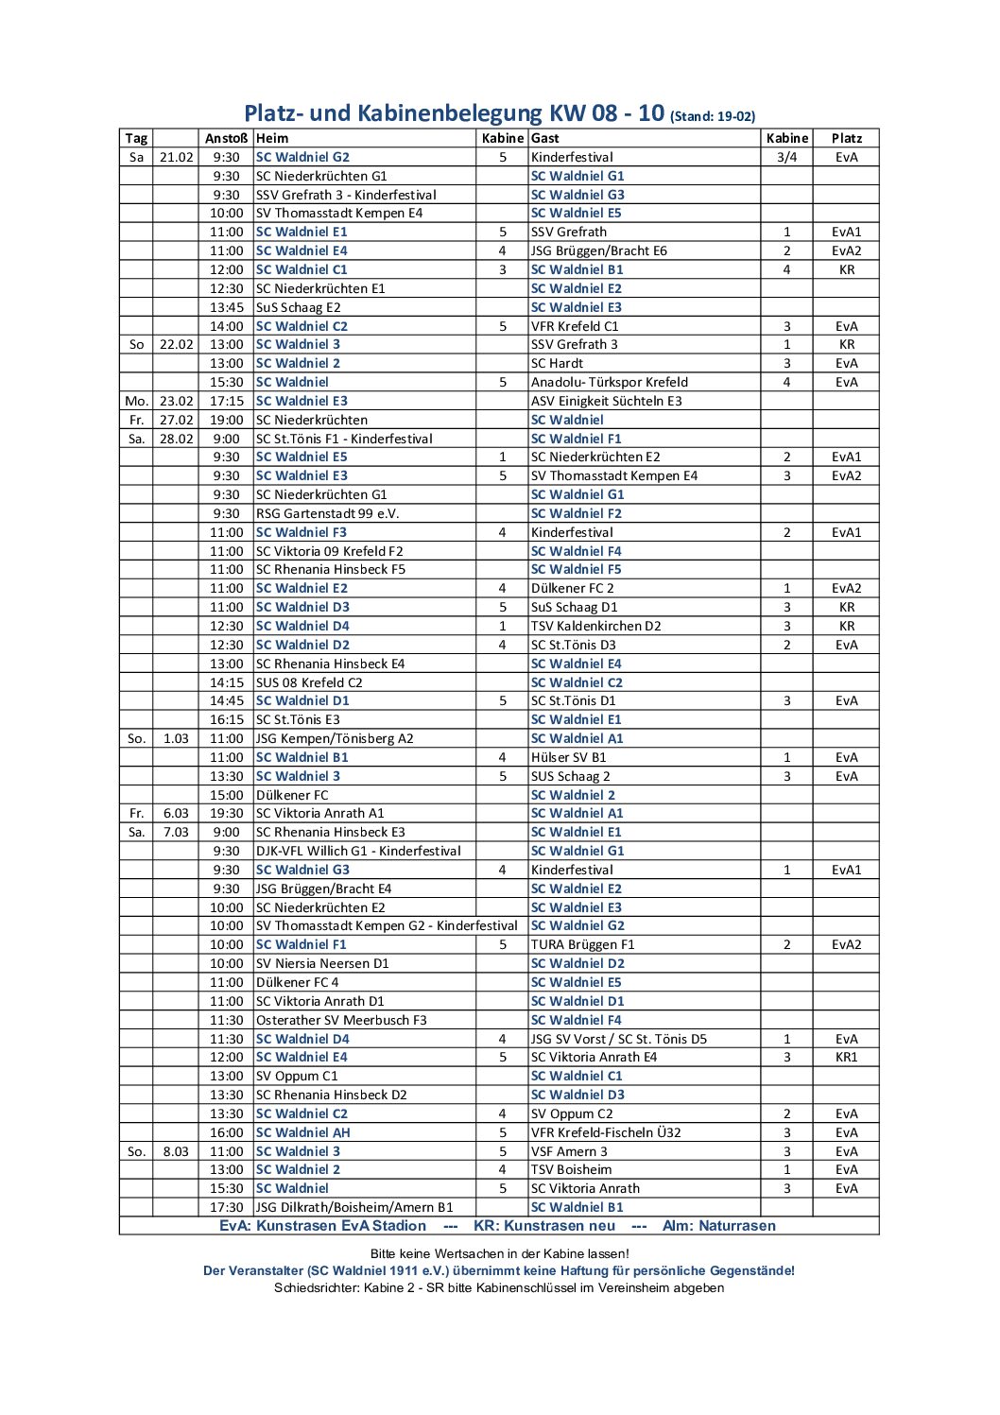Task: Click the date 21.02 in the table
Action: [177, 157]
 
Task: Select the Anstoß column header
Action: [226, 138]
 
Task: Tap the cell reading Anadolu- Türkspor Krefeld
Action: [609, 382]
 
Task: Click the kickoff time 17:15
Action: [227, 401]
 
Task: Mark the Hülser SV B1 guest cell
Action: [568, 757]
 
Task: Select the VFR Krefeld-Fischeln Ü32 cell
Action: [605, 1132]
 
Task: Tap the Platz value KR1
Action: [846, 1057]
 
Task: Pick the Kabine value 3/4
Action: [786, 157]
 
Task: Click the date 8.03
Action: [177, 1151]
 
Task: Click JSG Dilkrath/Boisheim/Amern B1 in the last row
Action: [354, 1207]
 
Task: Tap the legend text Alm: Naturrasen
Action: [718, 1226]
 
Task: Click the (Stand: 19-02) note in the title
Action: [712, 117]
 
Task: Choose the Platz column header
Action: [846, 138]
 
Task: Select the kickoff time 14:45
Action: [227, 700]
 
